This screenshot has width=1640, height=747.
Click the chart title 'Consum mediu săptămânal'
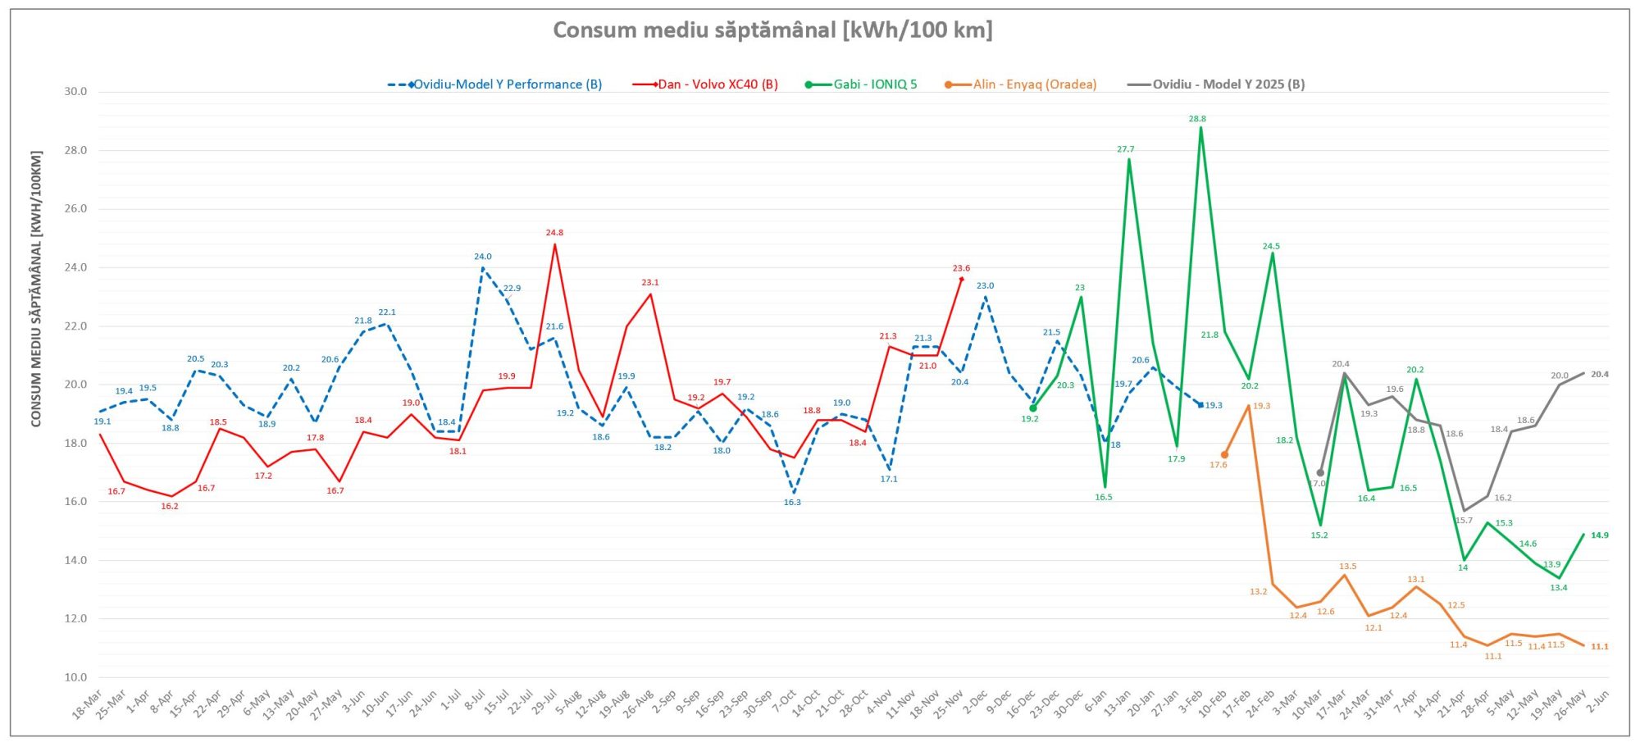pyautogui.click(x=772, y=30)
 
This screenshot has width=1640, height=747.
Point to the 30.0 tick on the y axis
pyautogui.click(x=75, y=92)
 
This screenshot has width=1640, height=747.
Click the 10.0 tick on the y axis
pyautogui.click(x=75, y=677)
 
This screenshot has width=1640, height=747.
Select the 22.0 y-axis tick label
pyautogui.click(x=75, y=326)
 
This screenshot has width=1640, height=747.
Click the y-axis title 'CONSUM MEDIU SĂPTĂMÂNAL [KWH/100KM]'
pyautogui.click(x=36, y=289)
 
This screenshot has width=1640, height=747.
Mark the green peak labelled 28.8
pyautogui.click(x=1201, y=128)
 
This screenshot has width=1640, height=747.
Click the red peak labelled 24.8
pyautogui.click(x=555, y=244)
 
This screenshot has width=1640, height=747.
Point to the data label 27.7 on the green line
pyautogui.click(x=1125, y=149)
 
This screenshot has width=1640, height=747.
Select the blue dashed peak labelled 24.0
pyautogui.click(x=483, y=267)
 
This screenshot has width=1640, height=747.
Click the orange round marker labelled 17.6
pyautogui.click(x=1225, y=455)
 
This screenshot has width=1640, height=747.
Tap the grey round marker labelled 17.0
pyautogui.click(x=1320, y=472)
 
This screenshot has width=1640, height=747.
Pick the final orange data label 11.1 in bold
pyautogui.click(x=1599, y=647)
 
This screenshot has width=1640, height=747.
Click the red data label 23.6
pyautogui.click(x=961, y=268)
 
